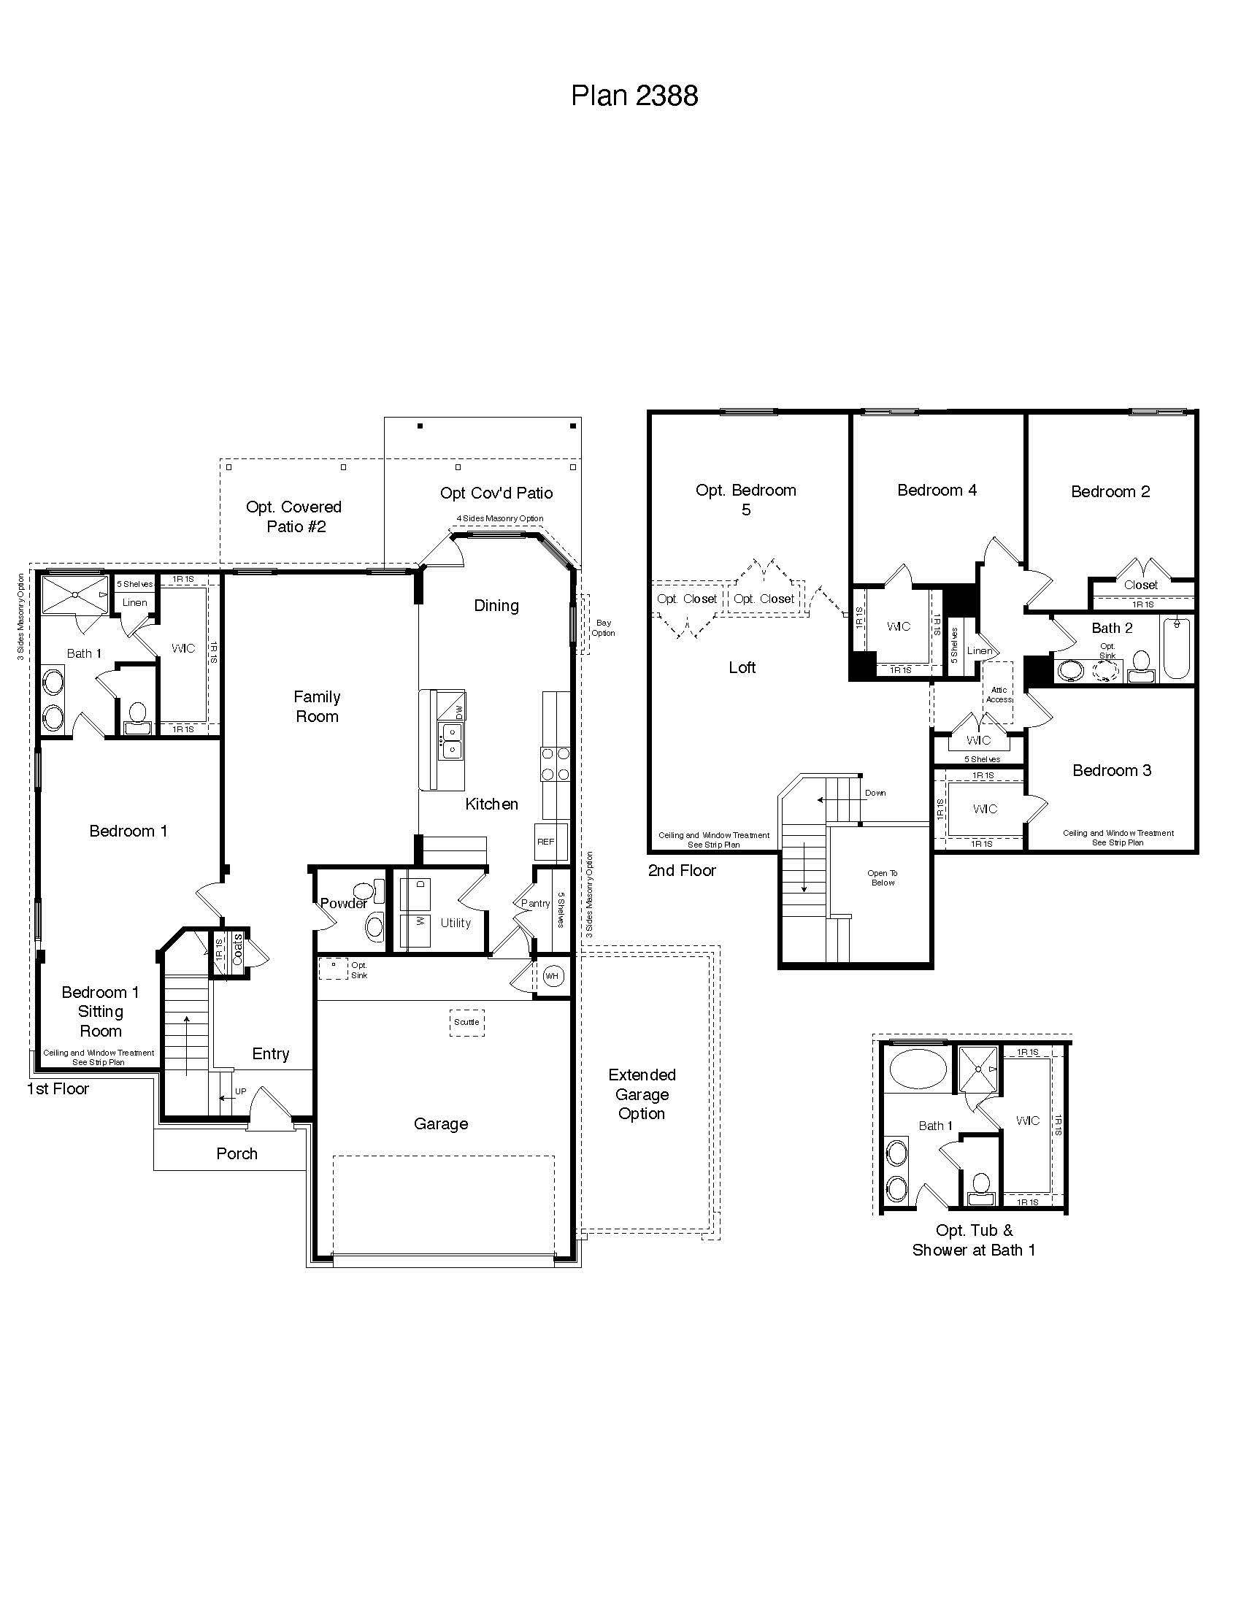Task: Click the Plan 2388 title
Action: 634,96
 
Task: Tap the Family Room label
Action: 317,706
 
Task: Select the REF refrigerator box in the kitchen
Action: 545,842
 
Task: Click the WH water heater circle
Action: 552,977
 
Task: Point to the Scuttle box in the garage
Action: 467,1022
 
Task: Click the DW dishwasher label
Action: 459,712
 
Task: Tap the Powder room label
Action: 343,903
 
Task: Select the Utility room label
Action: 455,923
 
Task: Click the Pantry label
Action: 535,903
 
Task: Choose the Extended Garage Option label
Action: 642,1094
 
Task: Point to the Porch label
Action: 237,1153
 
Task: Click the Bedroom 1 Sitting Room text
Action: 101,1011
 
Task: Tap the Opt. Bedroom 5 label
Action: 745,499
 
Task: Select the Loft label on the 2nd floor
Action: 742,667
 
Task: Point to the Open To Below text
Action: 883,878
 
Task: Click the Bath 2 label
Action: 1112,628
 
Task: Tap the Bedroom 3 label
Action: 1112,770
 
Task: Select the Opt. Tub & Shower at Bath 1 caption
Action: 974,1240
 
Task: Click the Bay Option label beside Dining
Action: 603,627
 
